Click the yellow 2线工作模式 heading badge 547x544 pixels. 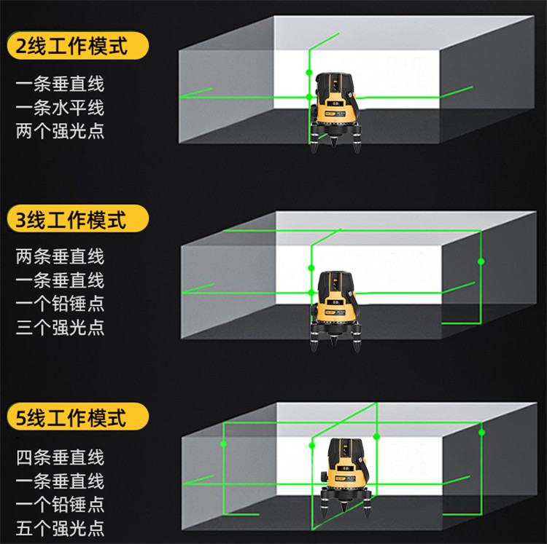click(78, 46)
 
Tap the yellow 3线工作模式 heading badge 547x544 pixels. click(78, 218)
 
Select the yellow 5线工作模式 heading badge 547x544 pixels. click(78, 417)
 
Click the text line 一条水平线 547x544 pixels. click(60, 108)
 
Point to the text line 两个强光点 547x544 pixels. click(60, 131)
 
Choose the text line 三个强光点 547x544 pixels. click(60, 328)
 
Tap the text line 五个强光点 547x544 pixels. click(60, 528)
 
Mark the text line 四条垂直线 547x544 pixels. click(60, 457)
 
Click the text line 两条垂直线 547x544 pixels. click(60, 256)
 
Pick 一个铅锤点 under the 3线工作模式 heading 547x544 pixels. click(60, 304)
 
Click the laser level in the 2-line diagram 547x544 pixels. click(335, 112)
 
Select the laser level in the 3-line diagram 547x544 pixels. click(335, 311)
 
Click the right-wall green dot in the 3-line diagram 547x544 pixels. click(481, 261)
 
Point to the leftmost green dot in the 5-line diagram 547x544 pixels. click(223, 444)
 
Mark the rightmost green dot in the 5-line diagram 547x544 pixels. click(482, 433)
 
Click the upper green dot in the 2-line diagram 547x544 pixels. click(309, 72)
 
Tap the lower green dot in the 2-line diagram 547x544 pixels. click(309, 96)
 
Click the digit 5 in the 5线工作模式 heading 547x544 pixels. click(21, 417)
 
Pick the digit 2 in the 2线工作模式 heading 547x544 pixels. click(21, 46)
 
